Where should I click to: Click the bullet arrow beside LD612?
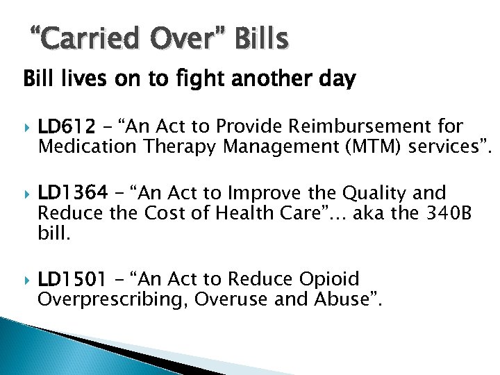pyautogui.click(x=28, y=128)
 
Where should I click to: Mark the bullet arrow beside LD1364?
pyautogui.click(x=28, y=194)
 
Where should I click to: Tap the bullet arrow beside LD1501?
pyautogui.click(x=28, y=280)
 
